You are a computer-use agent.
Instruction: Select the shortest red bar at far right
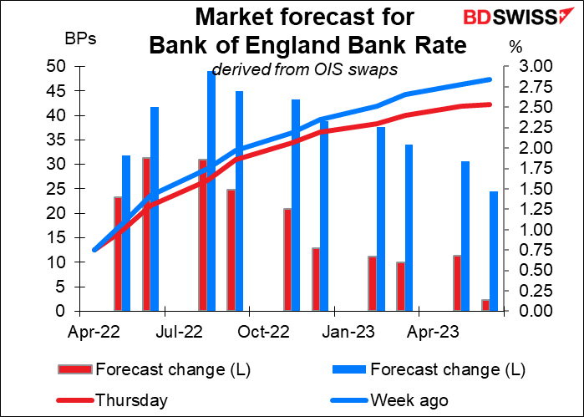click(485, 305)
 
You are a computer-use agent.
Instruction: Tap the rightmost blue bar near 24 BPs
click(494, 251)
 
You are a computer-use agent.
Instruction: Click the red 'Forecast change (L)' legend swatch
click(75, 369)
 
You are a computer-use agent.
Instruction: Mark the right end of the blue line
click(489, 79)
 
